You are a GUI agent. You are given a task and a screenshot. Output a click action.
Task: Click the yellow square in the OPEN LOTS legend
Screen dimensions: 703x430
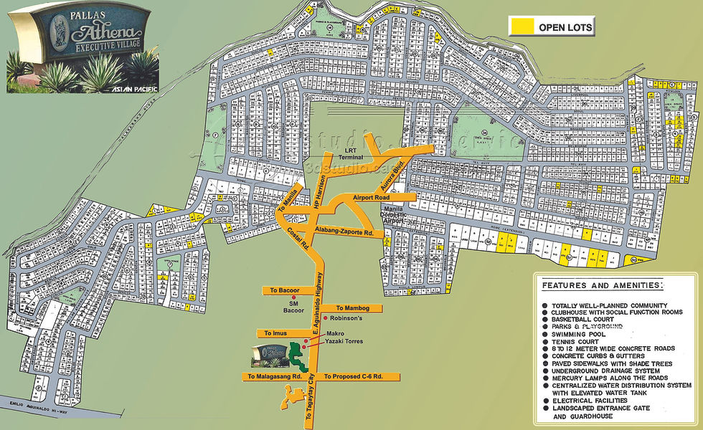pyautogui.click(x=521, y=27)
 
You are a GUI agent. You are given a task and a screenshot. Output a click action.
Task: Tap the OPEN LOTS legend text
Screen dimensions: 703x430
pyautogui.click(x=566, y=27)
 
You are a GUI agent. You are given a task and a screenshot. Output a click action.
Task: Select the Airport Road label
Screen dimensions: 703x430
pyautogui.click(x=372, y=197)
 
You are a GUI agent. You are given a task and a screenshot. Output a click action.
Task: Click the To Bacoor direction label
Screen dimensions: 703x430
pyautogui.click(x=284, y=290)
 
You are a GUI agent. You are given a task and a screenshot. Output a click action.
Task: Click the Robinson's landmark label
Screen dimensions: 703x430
pyautogui.click(x=346, y=317)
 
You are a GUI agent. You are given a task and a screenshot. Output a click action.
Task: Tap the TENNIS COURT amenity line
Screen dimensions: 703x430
pyautogui.click(x=577, y=342)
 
